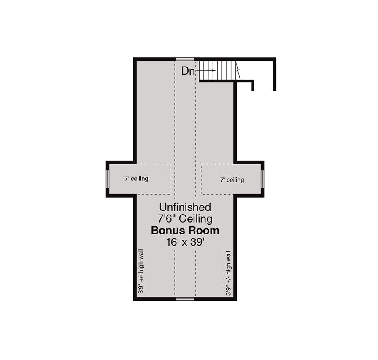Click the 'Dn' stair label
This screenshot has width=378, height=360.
click(188, 71)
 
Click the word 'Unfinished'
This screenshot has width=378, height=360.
click(185, 207)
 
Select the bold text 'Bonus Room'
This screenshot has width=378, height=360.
click(185, 231)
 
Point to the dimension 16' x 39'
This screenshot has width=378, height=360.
click(185, 242)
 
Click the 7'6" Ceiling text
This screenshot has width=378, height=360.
click(185, 219)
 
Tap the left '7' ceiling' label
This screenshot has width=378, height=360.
click(136, 179)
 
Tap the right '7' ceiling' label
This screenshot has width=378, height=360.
click(232, 180)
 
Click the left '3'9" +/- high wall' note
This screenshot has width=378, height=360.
click(141, 271)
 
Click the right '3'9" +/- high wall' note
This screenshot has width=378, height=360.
click(229, 273)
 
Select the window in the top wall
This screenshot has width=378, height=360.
click(185, 59)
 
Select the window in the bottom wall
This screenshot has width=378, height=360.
click(185, 299)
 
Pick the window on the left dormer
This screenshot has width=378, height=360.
click(108, 179)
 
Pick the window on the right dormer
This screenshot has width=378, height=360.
click(262, 179)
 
